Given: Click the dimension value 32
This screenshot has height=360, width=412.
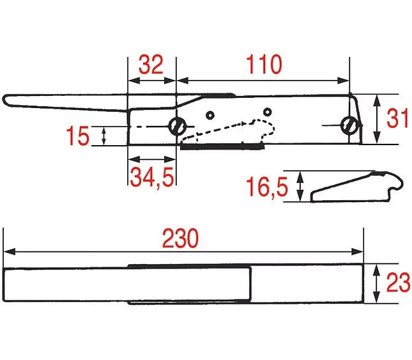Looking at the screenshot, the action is [151, 65].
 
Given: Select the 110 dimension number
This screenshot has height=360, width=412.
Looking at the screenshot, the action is [264, 65].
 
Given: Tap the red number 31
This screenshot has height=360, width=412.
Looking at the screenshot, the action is [398, 118].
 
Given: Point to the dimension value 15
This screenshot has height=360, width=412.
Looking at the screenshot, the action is [77, 136].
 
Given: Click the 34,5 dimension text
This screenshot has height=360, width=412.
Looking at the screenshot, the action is [152, 178].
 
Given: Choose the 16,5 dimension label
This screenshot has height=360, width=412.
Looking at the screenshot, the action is [267, 187].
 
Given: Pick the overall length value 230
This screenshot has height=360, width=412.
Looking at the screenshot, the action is [180, 239].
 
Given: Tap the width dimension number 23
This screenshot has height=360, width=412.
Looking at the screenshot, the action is [398, 283].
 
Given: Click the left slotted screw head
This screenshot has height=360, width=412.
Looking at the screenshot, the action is [177, 126].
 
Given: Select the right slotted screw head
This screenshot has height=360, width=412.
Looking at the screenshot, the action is [349, 125].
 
